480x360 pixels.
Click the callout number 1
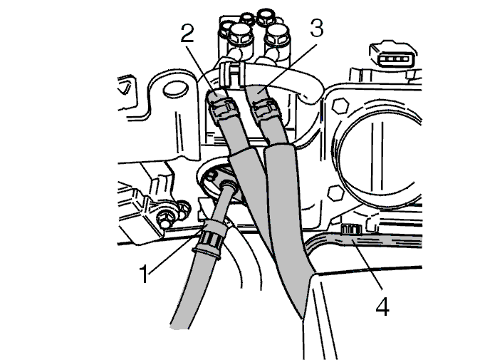pyautogui.click(x=144, y=274)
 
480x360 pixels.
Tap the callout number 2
pyautogui.click(x=187, y=34)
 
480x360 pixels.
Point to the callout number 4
pyautogui.click(x=382, y=307)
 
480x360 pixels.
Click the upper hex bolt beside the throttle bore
pyautogui.click(x=340, y=106)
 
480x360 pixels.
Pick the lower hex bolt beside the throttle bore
pyautogui.click(x=335, y=192)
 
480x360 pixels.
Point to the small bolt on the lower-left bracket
pyautogui.click(x=163, y=219)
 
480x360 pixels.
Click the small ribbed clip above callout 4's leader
pyautogui.click(x=351, y=229)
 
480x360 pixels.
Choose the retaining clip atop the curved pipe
pyautogui.click(x=232, y=73)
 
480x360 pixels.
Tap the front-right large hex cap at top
pyautogui.click(x=277, y=35)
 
